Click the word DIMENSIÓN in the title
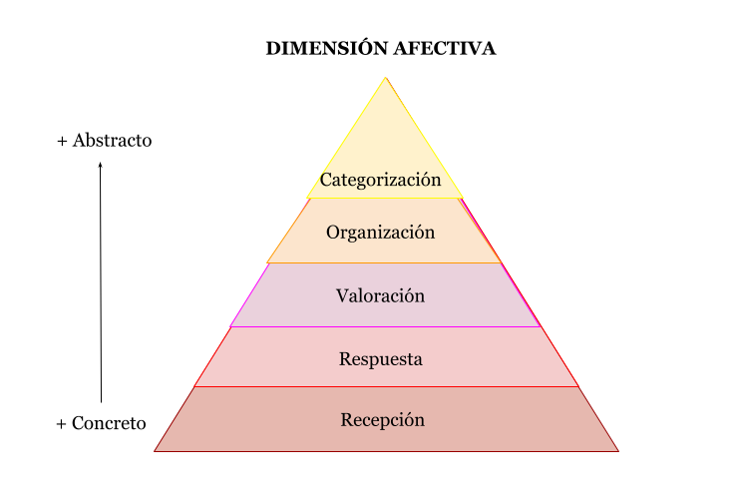(327, 48)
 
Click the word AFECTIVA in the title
(445, 48)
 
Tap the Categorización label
(381, 181)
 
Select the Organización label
(381, 233)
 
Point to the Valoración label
(381, 296)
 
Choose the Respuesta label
(381, 360)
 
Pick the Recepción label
(383, 420)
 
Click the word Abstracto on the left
(112, 141)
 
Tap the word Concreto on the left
(109, 423)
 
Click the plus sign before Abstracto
(62, 141)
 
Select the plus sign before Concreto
(61, 424)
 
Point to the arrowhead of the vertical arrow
(100, 165)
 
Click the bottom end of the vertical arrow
(102, 402)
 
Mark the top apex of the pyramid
(385, 78)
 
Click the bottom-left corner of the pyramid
(155, 451)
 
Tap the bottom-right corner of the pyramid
(618, 451)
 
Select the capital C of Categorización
(326, 180)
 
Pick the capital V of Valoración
(343, 296)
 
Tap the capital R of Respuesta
(345, 359)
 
